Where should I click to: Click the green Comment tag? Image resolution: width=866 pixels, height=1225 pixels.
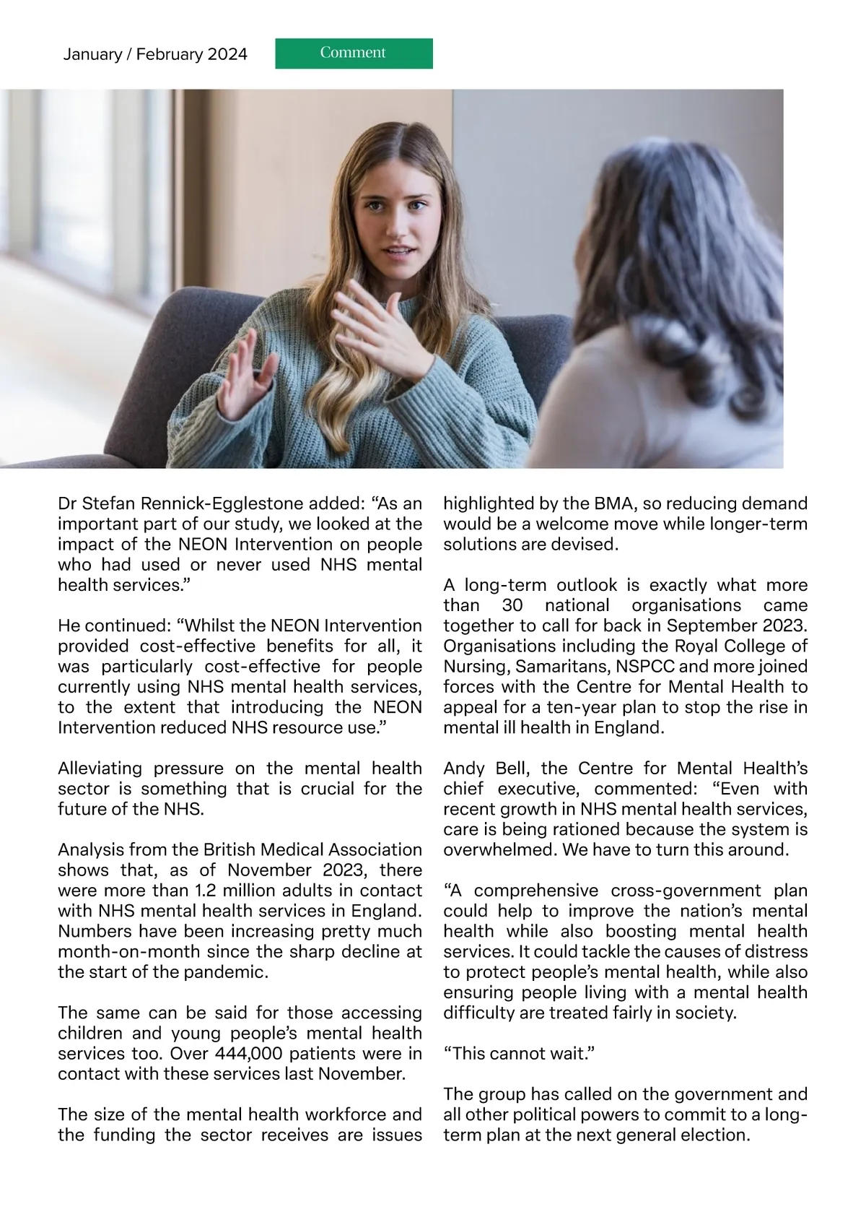[x=354, y=53]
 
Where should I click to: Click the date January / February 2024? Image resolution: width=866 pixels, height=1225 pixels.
[x=155, y=54]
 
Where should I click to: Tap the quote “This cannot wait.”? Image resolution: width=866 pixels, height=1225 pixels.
[x=518, y=1053]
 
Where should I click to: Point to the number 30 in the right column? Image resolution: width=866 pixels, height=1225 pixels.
[x=512, y=605]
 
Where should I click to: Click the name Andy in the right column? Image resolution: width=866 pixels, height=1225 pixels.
[x=464, y=768]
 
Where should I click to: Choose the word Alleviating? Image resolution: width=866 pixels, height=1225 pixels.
[x=100, y=768]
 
